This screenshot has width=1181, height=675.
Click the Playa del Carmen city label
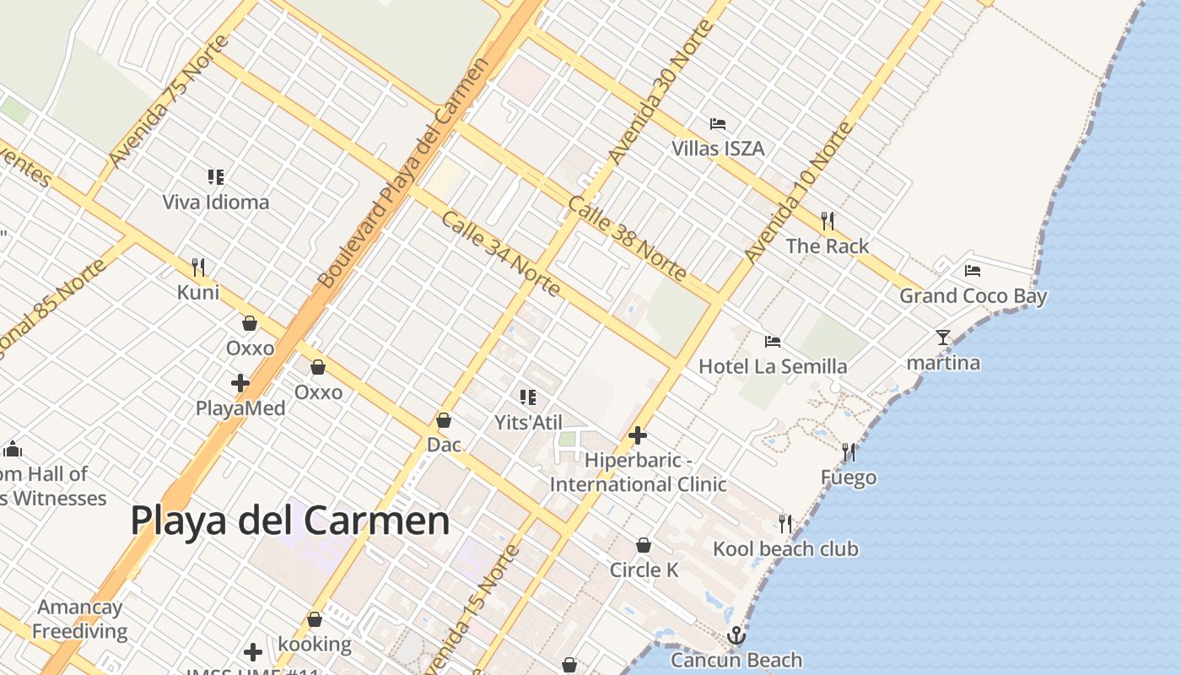pyautogui.click(x=289, y=521)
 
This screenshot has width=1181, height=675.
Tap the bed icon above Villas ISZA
pyautogui.click(x=718, y=124)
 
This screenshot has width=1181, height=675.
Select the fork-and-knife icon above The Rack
pyautogui.click(x=828, y=221)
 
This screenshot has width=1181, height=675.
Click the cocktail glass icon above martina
pyautogui.click(x=943, y=337)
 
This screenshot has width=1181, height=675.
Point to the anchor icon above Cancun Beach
pyautogui.click(x=736, y=635)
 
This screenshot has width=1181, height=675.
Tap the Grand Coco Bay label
pyautogui.click(x=973, y=296)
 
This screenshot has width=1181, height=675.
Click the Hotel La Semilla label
pyautogui.click(x=773, y=366)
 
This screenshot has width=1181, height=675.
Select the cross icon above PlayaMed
pyautogui.click(x=240, y=383)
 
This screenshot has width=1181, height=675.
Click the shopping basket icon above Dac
pyautogui.click(x=444, y=420)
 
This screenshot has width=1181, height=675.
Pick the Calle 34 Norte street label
pyautogui.click(x=500, y=253)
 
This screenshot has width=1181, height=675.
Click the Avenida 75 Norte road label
pyautogui.click(x=169, y=101)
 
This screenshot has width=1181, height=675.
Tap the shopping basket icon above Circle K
pyautogui.click(x=644, y=546)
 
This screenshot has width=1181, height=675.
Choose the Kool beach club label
pyautogui.click(x=785, y=549)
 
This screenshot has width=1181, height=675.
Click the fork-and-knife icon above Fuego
pyautogui.click(x=849, y=452)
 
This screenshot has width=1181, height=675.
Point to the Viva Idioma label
pyautogui.click(x=216, y=202)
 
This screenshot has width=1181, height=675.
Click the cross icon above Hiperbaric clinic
pyautogui.click(x=638, y=435)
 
